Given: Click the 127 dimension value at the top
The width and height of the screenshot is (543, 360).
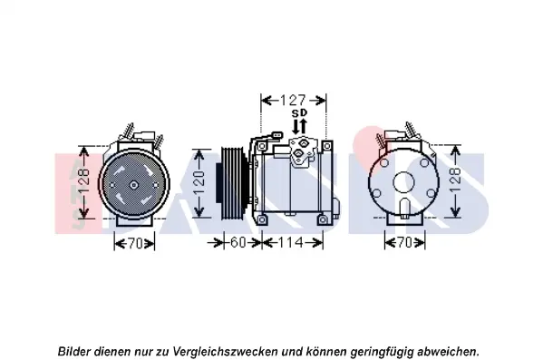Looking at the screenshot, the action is (x=293, y=101).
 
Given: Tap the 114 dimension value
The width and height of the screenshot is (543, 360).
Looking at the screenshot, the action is (x=292, y=242).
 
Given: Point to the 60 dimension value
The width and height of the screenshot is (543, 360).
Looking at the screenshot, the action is (x=238, y=242).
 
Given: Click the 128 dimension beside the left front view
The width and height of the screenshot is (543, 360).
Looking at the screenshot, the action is (x=83, y=181).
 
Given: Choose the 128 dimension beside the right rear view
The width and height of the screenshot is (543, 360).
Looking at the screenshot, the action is (x=456, y=180).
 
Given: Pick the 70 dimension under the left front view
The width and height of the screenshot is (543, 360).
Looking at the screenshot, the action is (x=135, y=244).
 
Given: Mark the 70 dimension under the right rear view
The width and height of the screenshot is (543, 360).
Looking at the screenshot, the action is (x=405, y=243).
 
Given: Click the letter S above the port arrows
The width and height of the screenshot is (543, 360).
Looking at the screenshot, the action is (x=296, y=113).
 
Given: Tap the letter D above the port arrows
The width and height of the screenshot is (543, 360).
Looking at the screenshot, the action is (x=304, y=113).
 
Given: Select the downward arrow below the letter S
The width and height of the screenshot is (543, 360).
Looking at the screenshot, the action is (x=296, y=126).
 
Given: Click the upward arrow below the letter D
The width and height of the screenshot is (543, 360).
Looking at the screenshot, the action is (x=303, y=126).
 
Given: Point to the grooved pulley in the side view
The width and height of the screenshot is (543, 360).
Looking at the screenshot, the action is (x=232, y=183).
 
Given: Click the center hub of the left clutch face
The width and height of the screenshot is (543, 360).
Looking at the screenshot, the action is (x=133, y=185).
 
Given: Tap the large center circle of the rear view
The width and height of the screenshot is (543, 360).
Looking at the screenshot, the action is (x=404, y=182).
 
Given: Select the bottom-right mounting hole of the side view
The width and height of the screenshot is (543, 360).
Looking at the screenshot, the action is (x=323, y=219).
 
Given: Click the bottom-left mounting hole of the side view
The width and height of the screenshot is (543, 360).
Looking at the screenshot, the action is (x=262, y=219).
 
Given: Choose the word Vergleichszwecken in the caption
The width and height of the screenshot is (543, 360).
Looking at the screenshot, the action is (x=225, y=352).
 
